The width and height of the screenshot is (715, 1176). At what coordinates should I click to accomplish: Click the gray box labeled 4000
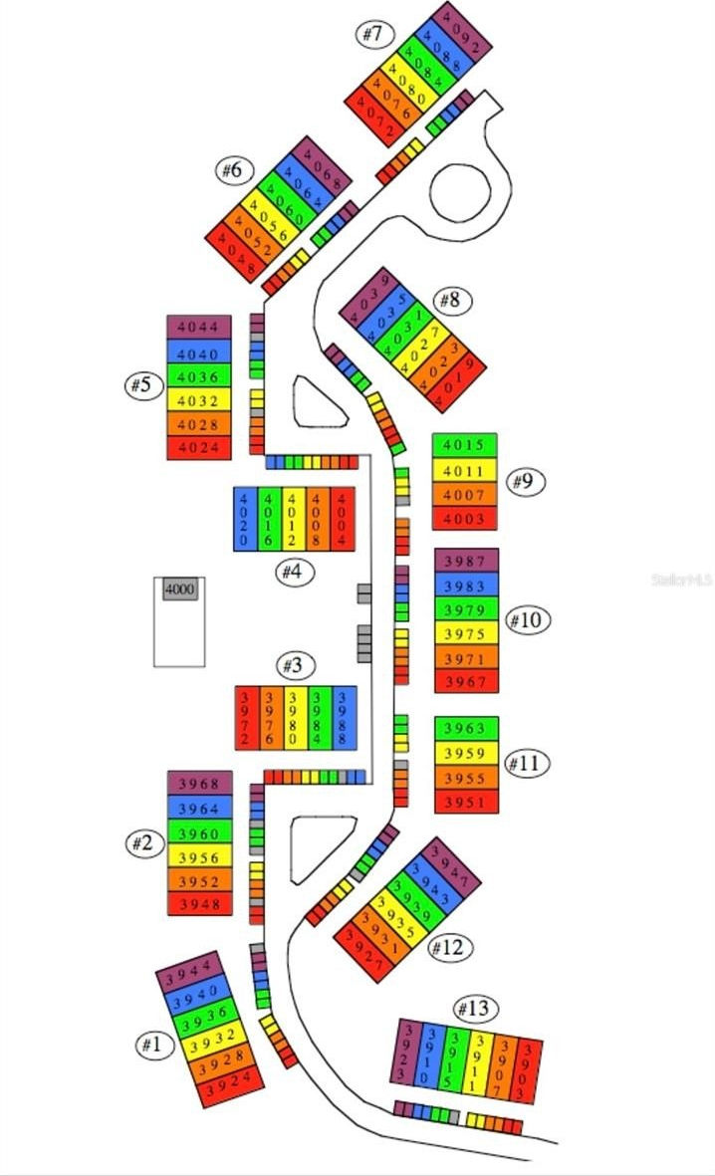pyautogui.click(x=179, y=589)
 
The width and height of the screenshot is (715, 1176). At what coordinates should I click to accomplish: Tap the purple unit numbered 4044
pyautogui.click(x=198, y=327)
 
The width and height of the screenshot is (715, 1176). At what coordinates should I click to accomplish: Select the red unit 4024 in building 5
pyautogui.click(x=198, y=448)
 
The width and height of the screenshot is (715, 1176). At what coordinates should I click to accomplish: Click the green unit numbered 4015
pyautogui.click(x=464, y=445)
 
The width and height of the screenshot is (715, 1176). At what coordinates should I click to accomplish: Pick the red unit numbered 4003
pyautogui.click(x=464, y=519)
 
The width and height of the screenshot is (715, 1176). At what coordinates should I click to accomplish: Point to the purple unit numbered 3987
pyautogui.click(x=466, y=562)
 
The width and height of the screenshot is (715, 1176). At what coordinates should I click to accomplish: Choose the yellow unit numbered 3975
pyautogui.click(x=466, y=634)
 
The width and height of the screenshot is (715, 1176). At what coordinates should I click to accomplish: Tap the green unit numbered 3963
pyautogui.click(x=466, y=729)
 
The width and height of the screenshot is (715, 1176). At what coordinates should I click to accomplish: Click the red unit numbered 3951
pyautogui.click(x=466, y=802)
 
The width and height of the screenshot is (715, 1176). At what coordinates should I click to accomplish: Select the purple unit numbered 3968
pyautogui.click(x=199, y=783)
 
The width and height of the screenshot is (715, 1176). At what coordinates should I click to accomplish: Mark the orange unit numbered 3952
pyautogui.click(x=199, y=880)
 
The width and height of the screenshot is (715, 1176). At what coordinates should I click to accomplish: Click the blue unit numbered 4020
pyautogui.click(x=244, y=518)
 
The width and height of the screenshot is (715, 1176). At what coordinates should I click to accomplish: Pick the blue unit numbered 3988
pyautogui.click(x=345, y=717)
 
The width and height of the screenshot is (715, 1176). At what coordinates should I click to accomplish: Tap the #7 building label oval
pyautogui.click(x=371, y=34)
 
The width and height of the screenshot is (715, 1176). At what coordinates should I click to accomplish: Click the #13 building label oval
pyautogui.click(x=475, y=1009)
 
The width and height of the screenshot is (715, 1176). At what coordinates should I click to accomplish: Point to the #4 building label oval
pyautogui.click(x=296, y=573)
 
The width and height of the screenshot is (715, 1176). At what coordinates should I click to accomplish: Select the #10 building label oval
pyautogui.click(x=528, y=620)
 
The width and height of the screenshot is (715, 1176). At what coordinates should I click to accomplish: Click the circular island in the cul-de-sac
pyautogui.click(x=459, y=188)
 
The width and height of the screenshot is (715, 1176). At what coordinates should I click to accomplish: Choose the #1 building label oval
pyautogui.click(x=150, y=1045)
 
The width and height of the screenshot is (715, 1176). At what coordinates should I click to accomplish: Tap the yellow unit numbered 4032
pyautogui.click(x=198, y=400)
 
